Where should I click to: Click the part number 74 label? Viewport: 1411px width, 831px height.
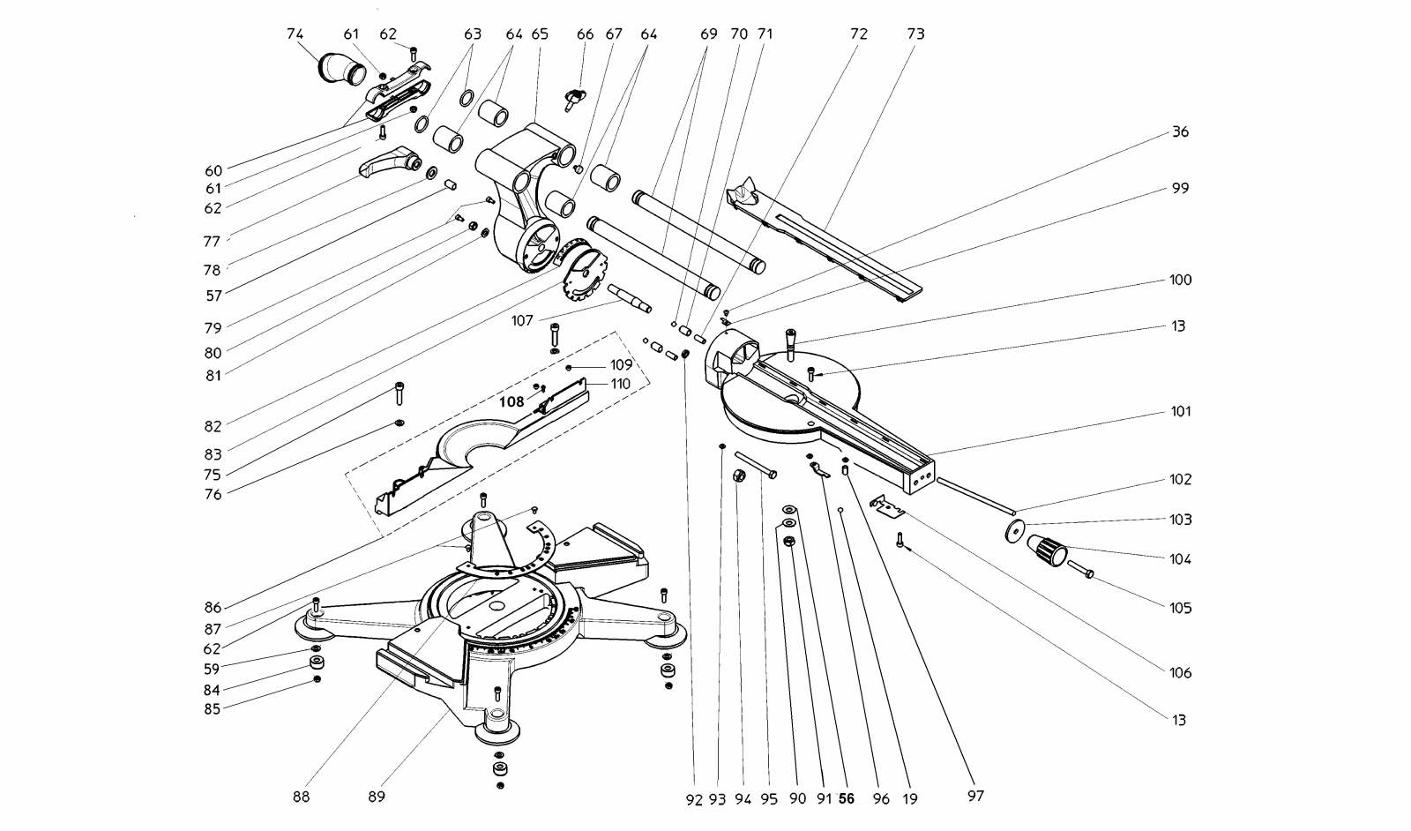click(295, 34)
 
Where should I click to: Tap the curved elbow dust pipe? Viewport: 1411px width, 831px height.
click(341, 69)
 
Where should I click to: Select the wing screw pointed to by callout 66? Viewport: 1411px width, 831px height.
click(575, 99)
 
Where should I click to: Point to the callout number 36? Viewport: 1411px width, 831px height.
click(1180, 131)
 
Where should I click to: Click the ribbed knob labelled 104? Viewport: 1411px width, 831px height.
click(1047, 550)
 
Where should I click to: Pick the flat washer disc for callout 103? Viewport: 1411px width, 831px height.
click(1014, 530)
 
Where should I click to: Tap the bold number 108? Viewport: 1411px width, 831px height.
click(511, 402)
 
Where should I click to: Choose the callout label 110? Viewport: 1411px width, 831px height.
click(621, 384)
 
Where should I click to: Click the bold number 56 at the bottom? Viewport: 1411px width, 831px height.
click(847, 799)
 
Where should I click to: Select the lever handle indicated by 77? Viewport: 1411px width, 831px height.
click(389, 161)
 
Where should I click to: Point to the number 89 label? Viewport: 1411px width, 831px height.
click(376, 797)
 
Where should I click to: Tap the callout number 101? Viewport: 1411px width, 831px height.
click(1181, 411)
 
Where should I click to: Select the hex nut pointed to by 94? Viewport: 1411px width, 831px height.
click(740, 475)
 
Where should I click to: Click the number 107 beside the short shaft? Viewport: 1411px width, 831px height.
click(522, 321)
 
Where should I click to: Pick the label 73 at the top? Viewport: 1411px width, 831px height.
click(916, 34)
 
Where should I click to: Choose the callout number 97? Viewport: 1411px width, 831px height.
click(975, 797)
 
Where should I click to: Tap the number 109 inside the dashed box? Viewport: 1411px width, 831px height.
click(621, 365)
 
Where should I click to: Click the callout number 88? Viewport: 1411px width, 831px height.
click(301, 797)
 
